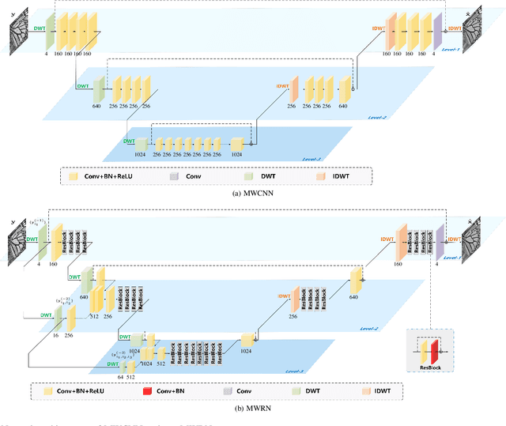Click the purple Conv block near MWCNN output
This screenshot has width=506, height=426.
coord(437,32)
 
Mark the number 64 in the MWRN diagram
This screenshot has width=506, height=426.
coord(120,378)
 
